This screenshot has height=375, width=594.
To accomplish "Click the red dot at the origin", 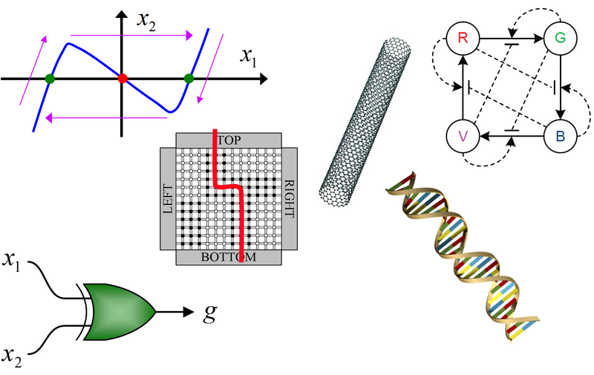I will pyautogui.click(x=123, y=77).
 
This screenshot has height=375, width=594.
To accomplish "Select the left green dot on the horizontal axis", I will pyautogui.click(x=49, y=77).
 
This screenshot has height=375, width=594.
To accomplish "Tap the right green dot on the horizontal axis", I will pyautogui.click(x=189, y=77).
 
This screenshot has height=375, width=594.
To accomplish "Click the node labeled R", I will pyautogui.click(x=462, y=38).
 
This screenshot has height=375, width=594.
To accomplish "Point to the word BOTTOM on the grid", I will pyautogui.click(x=229, y=258).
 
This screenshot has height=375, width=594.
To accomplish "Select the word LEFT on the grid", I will pyautogui.click(x=166, y=198).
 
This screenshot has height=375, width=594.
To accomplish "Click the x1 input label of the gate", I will pyautogui.click(x=17, y=260).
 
